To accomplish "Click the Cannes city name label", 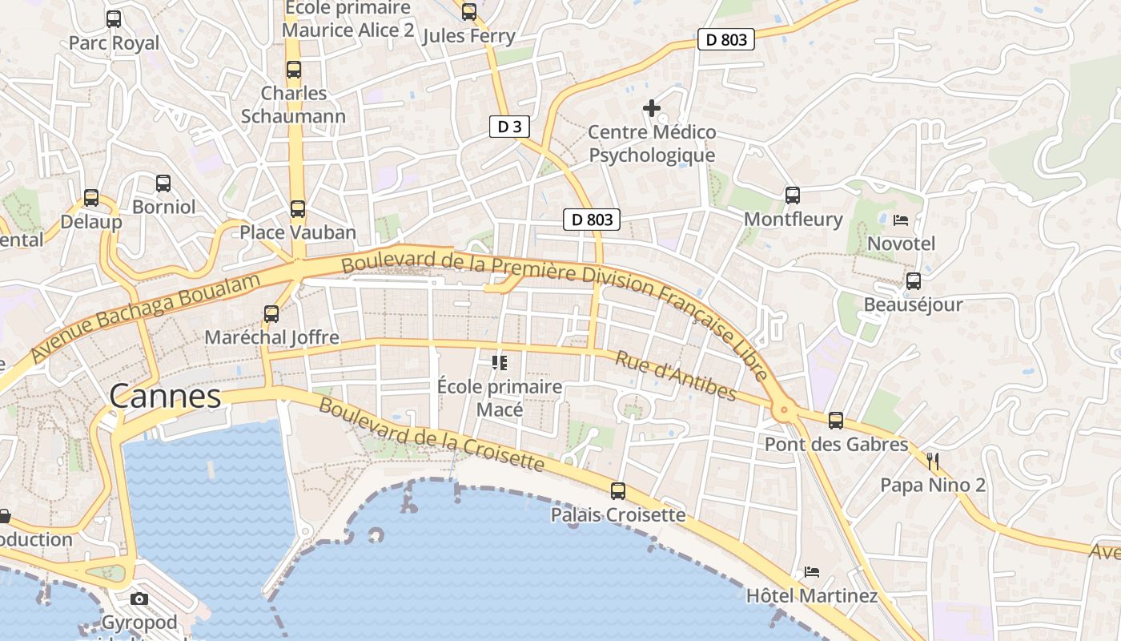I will pos(165,396).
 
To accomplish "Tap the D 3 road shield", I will pos(509,127).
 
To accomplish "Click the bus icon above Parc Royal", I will pos(114,18).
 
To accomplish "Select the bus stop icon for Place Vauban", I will pos(298,209).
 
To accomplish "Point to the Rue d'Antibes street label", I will pos(675,375).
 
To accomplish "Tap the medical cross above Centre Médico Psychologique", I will pos(652,107).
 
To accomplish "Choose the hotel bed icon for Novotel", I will pos(901,220).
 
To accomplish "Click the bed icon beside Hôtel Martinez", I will pos(812,572).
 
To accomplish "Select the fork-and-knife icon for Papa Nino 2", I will pos(932,461).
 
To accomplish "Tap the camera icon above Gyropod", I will pos(139,599).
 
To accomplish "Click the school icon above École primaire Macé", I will pos(500,363).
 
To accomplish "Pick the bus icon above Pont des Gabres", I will pos(836,420).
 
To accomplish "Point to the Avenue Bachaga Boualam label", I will pos(147,317).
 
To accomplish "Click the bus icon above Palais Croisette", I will pos(618,491).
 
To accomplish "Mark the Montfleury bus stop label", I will pos(793,220).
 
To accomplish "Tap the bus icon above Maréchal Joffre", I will pos(271,313).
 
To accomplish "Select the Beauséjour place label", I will pos(913,305).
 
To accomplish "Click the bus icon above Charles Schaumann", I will pos(294,70).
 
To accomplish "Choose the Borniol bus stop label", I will pos(163,207).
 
